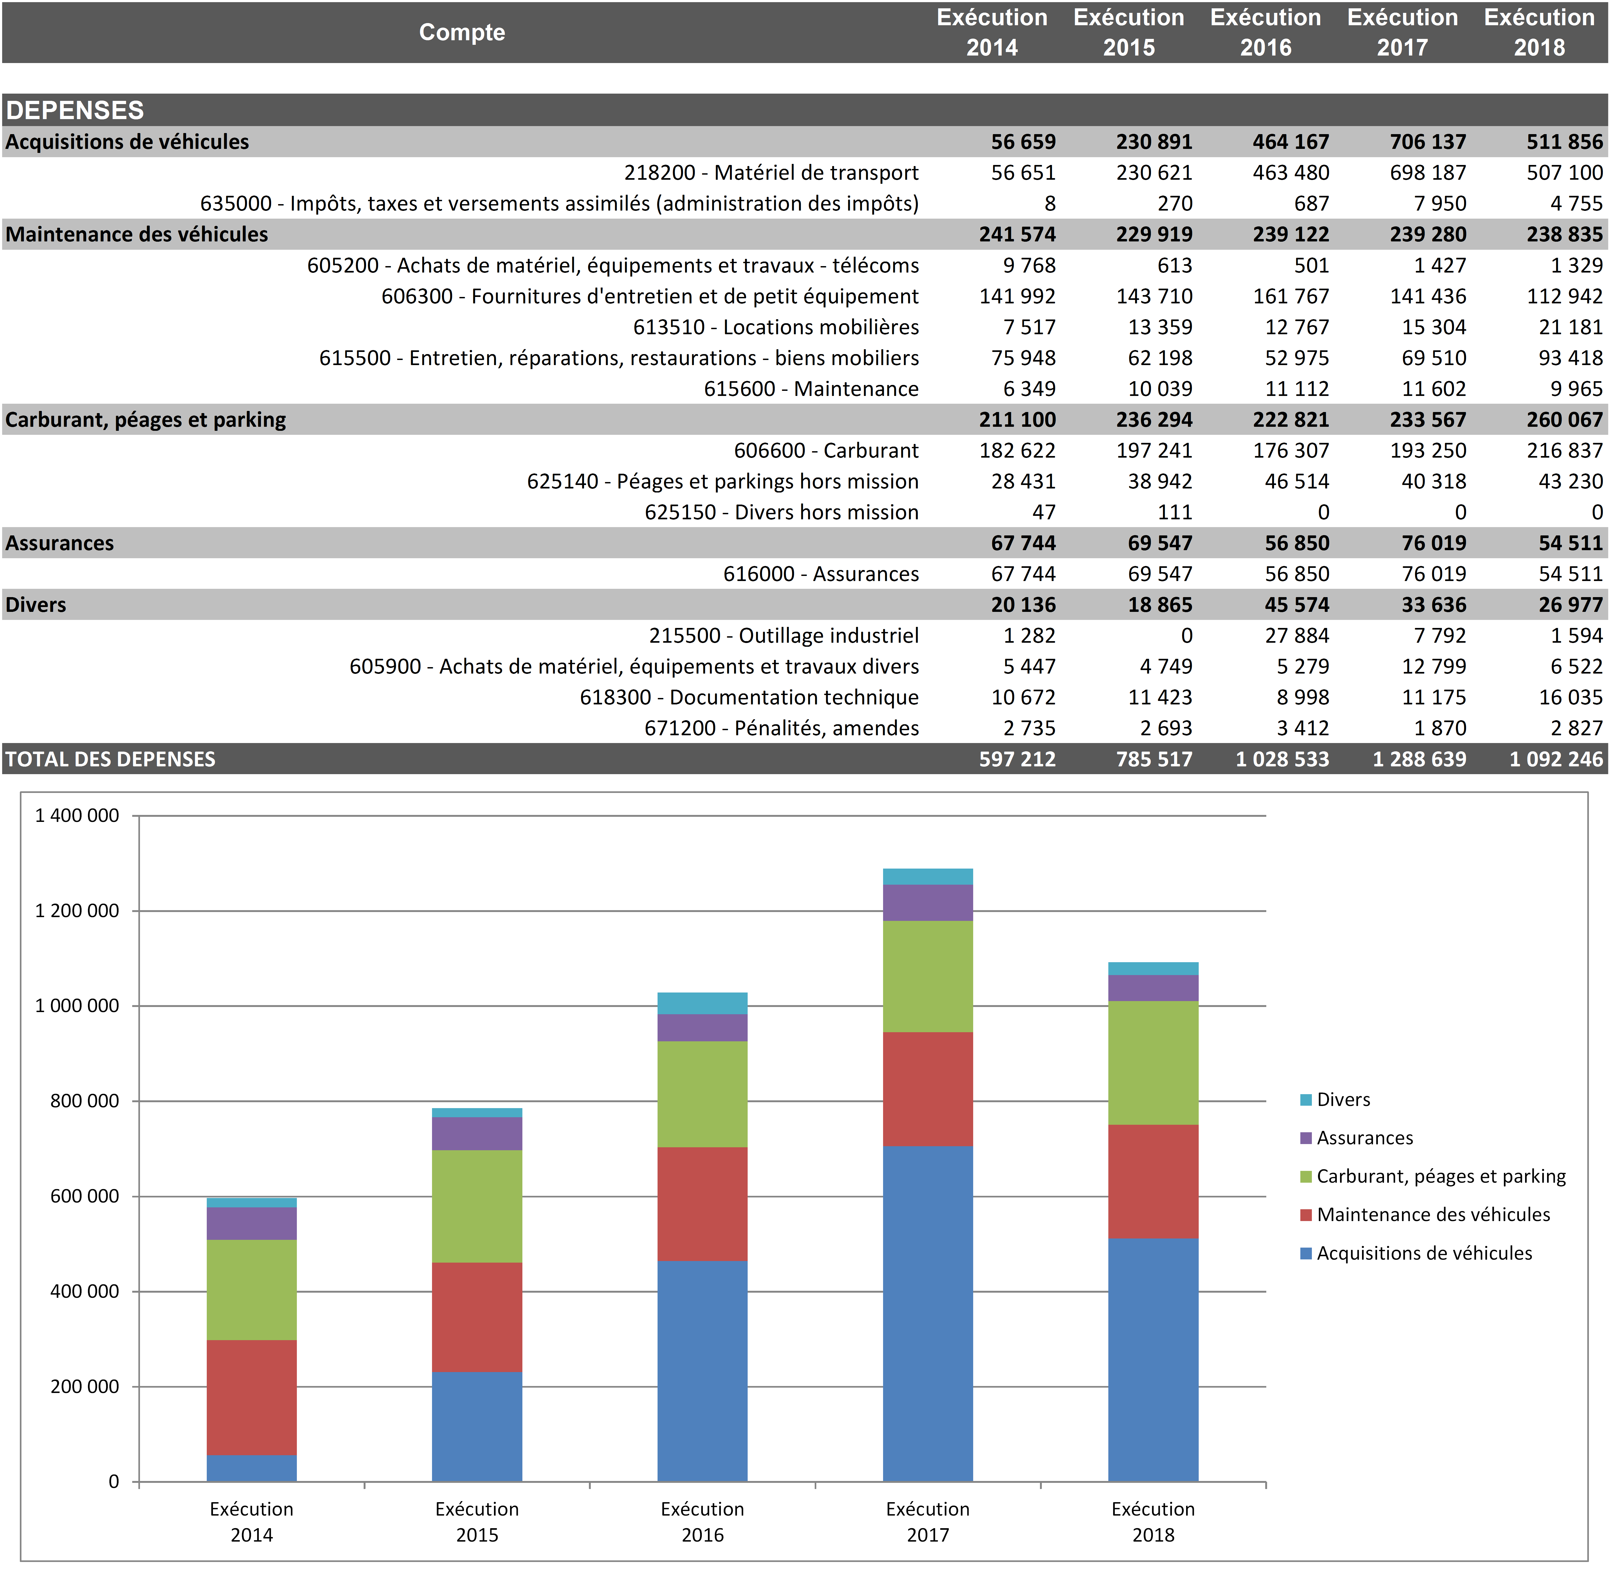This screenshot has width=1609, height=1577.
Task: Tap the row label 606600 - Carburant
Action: point(826,451)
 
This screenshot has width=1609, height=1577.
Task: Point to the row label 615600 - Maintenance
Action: point(811,388)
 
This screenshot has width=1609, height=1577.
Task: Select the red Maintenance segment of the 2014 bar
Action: point(252,1397)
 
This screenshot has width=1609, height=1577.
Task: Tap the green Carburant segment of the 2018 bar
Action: point(1153,1063)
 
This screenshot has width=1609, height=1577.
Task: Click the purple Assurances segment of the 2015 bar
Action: point(477,1133)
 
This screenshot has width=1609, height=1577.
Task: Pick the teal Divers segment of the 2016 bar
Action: point(702,1003)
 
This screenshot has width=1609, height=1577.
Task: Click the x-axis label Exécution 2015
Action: point(477,1521)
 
